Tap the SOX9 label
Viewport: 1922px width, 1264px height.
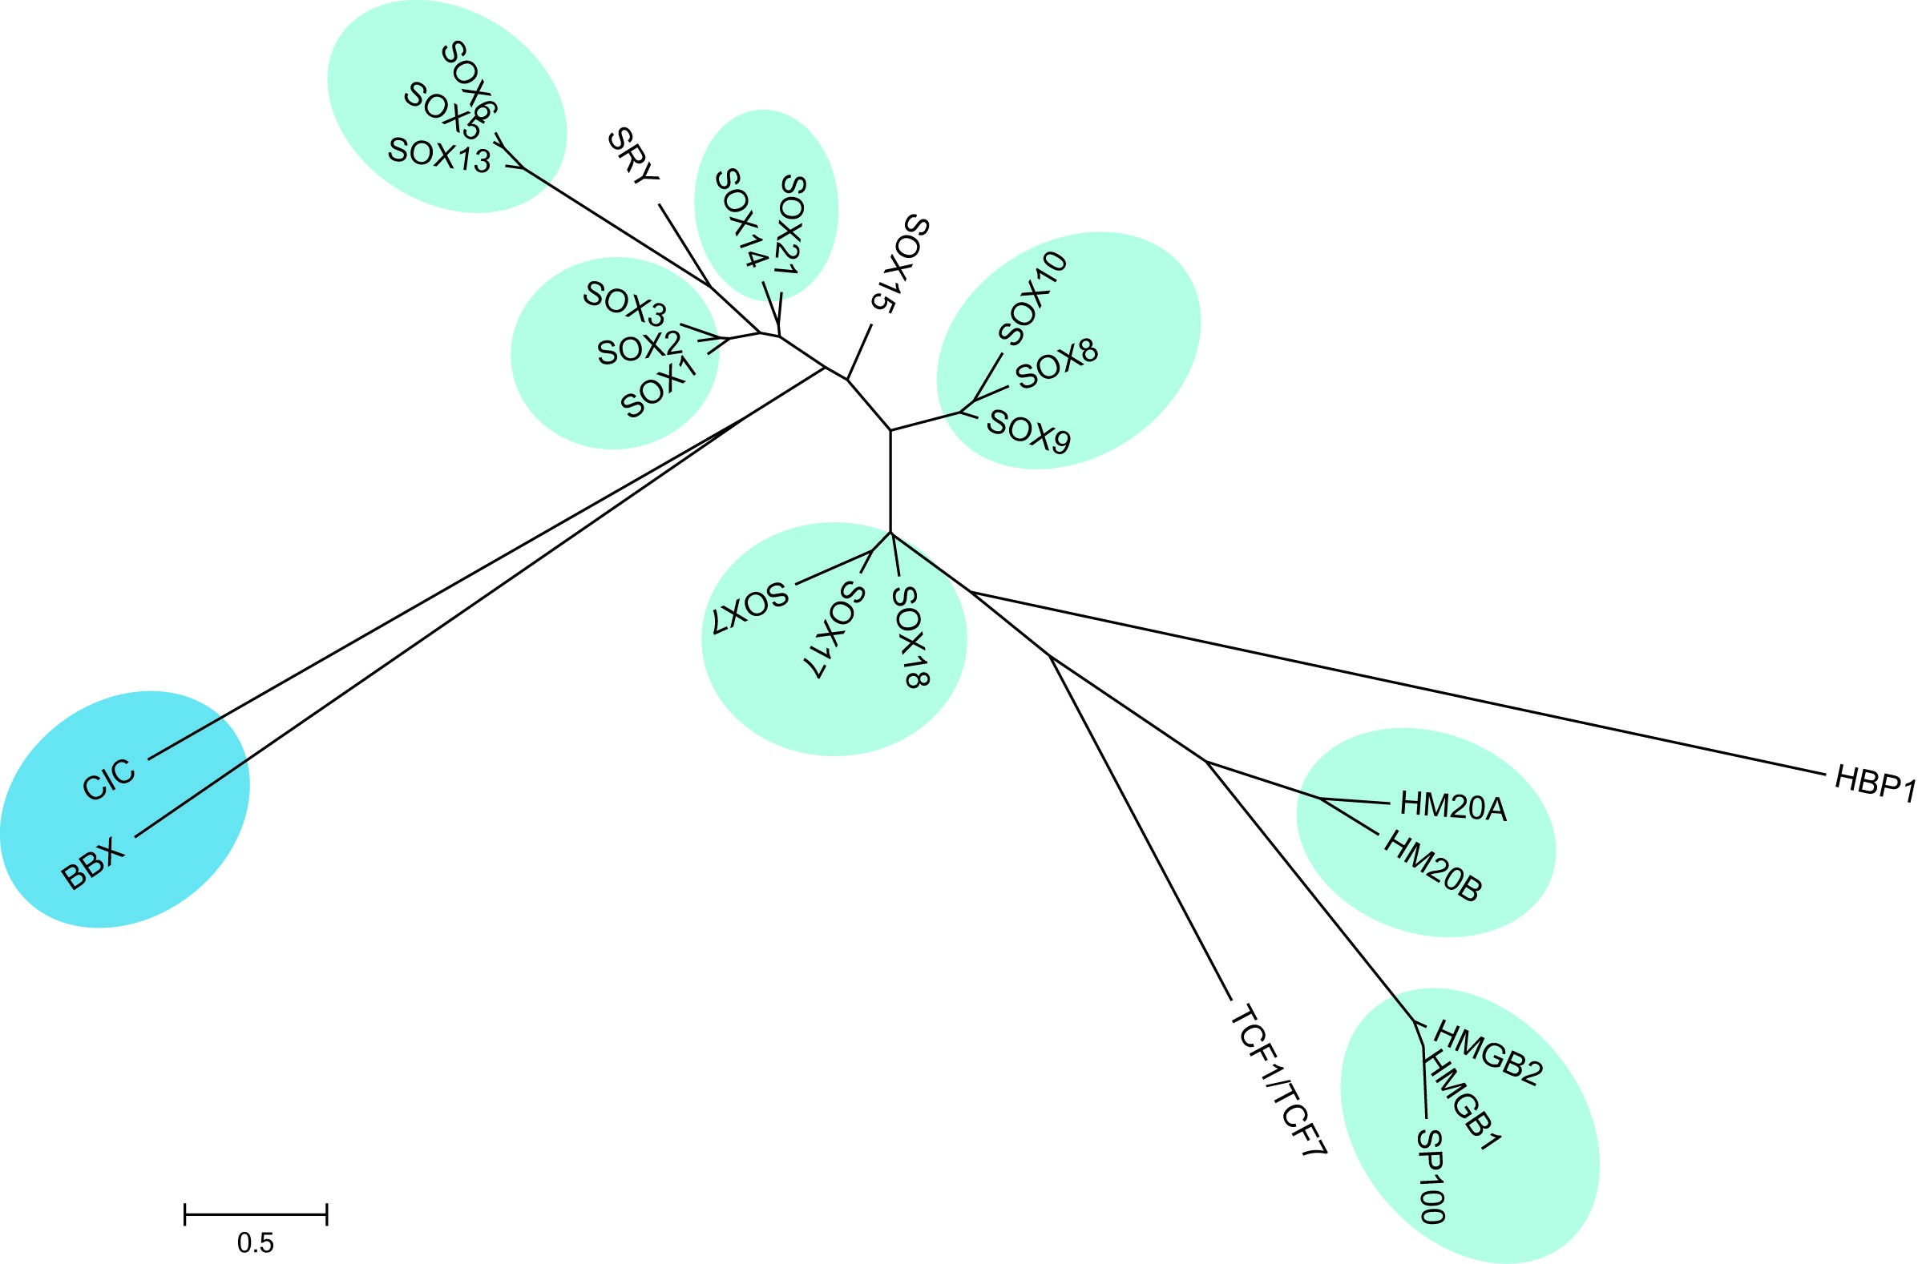point(1029,432)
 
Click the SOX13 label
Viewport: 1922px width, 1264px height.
point(439,155)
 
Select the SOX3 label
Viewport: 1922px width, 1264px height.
point(624,306)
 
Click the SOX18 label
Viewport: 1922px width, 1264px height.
point(911,637)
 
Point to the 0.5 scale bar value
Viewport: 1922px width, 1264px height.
point(255,1243)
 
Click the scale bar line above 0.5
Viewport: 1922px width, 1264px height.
point(255,1214)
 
